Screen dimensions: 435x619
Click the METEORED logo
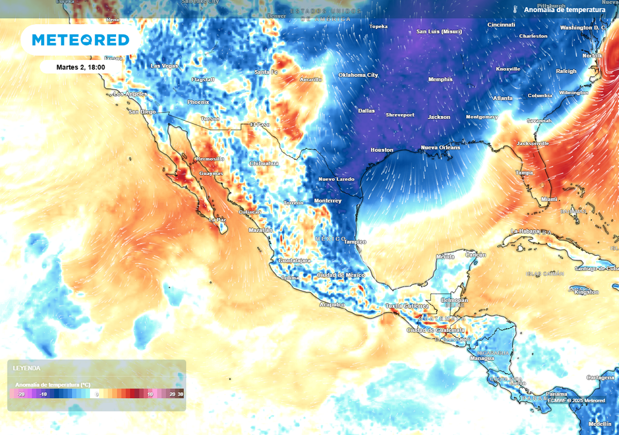(80, 40)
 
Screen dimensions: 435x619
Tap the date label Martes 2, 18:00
(80, 66)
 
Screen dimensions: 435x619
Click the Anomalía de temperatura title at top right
(564, 10)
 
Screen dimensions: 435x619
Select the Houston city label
(381, 150)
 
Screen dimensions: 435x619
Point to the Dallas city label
(366, 111)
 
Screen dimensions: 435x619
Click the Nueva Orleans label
(440, 147)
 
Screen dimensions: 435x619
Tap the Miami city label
(549, 199)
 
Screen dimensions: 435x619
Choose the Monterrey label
(328, 201)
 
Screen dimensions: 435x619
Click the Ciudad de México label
(340, 275)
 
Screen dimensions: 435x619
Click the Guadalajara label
(294, 260)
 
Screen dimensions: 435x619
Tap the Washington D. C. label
(583, 28)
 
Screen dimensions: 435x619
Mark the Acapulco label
(332, 304)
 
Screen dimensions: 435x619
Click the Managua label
(483, 358)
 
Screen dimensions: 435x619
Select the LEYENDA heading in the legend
(27, 368)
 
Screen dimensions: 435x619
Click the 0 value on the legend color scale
(97, 394)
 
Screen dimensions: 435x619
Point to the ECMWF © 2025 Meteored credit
(576, 401)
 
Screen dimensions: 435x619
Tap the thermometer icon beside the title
(516, 10)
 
